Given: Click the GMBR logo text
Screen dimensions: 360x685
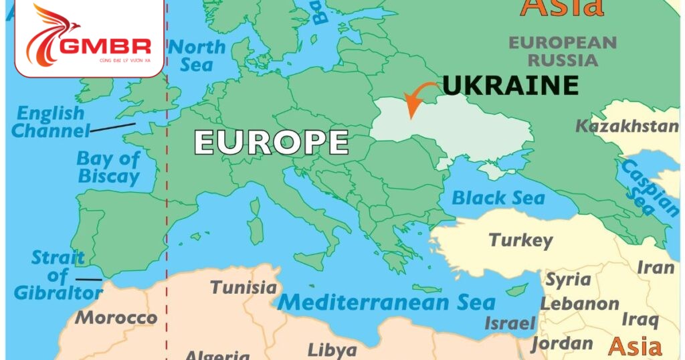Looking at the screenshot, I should click(105, 48).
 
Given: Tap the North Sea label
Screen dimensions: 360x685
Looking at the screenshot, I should click(197, 56).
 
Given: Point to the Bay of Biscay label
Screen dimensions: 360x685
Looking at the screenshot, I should click(108, 168).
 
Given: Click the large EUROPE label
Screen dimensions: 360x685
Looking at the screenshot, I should click(271, 143).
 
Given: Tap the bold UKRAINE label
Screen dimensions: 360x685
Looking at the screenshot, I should click(510, 86).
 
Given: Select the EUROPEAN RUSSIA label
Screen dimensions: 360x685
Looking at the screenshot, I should click(563, 51).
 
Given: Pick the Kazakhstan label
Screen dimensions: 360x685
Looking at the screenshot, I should click(627, 126).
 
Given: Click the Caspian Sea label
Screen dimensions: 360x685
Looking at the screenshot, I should click(648, 187).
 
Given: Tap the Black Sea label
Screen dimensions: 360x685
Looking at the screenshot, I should click(498, 198).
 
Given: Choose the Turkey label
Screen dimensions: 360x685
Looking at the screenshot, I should click(520, 240).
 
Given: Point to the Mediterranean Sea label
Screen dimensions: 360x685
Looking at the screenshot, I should click(386, 302).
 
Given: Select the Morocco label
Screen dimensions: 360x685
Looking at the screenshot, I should click(116, 317).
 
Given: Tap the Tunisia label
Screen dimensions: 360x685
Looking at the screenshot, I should click(243, 288).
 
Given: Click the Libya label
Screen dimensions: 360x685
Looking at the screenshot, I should click(332, 350).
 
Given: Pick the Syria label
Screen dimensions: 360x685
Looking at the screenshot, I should click(568, 280).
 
